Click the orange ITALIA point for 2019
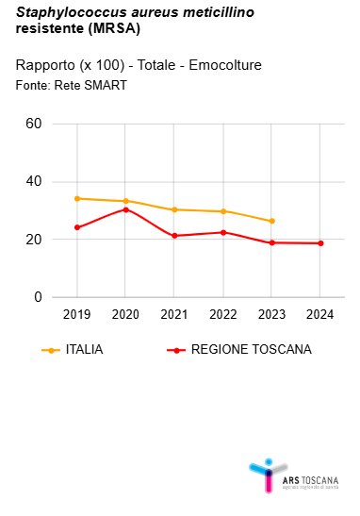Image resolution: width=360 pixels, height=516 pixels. (x=76, y=198)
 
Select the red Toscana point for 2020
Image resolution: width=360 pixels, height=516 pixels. (x=125, y=209)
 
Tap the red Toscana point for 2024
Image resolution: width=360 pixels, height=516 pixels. (x=320, y=243)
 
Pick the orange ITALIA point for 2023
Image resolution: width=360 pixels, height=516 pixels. (x=271, y=221)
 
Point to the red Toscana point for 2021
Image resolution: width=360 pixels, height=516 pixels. (x=174, y=235)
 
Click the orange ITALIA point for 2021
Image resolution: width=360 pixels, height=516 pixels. (x=174, y=209)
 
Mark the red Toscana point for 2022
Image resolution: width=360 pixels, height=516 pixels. (x=223, y=232)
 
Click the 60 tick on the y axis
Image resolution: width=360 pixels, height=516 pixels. (x=34, y=124)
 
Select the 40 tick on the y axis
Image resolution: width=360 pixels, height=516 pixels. (x=34, y=182)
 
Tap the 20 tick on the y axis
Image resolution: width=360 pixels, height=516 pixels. (x=34, y=240)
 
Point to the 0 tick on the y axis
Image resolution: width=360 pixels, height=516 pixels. (x=38, y=297)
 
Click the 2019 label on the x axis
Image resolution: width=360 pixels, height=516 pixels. (x=76, y=314)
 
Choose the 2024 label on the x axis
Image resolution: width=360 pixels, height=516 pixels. (x=320, y=314)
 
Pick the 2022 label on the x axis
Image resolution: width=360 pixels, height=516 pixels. (x=223, y=314)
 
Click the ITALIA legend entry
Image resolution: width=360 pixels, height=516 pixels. (x=83, y=349)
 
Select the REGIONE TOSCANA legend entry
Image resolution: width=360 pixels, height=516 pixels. (x=251, y=349)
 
